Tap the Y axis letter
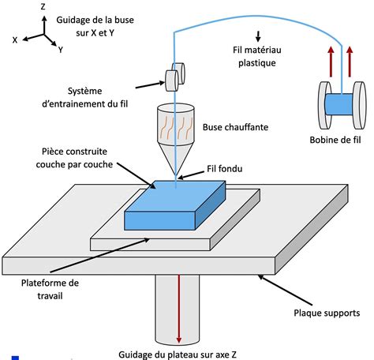[x=60, y=50]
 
